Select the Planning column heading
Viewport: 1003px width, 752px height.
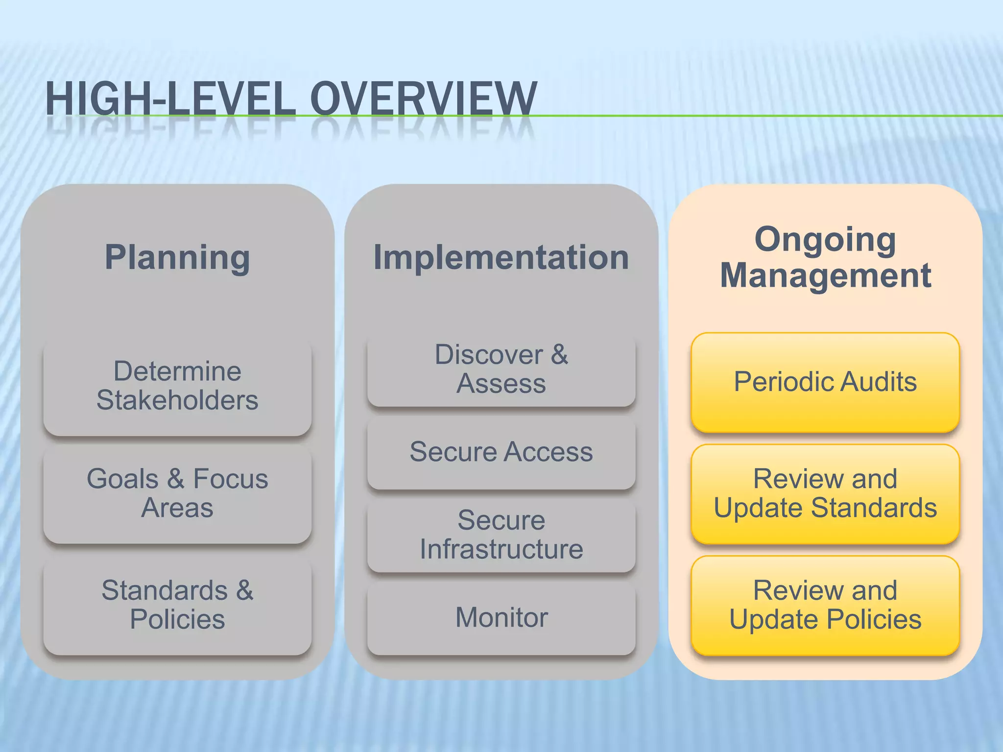coord(177,257)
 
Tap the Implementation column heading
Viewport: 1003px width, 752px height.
coord(501,257)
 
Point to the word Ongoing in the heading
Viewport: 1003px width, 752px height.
coord(825,239)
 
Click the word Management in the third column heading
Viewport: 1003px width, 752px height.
coord(825,275)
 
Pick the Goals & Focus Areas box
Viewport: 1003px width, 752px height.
coord(177,493)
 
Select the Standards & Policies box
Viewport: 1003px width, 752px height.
coord(177,605)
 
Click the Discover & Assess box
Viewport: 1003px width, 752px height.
coord(501,370)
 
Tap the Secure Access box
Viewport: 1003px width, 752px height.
coord(501,452)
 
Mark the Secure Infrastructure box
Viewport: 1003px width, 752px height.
coord(501,535)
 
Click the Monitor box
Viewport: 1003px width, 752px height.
coord(501,618)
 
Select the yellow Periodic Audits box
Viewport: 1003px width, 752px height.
coord(825,382)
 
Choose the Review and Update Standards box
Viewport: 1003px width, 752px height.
coord(825,493)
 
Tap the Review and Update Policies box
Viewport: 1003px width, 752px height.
coord(825,605)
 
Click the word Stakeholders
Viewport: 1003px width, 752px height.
coord(177,400)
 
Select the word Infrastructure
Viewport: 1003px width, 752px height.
coord(501,549)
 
